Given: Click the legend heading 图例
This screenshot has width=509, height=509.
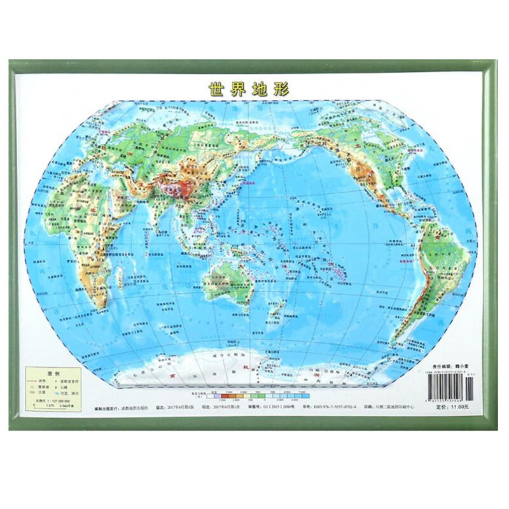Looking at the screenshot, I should click(53, 373).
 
